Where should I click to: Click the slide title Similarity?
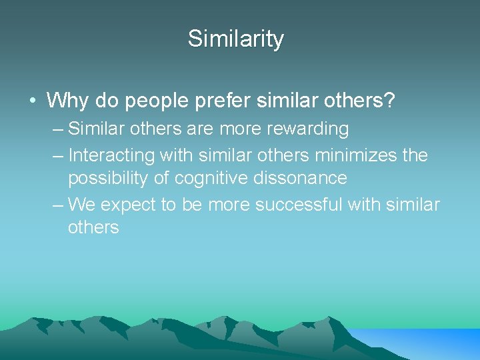235,39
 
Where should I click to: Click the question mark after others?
389,101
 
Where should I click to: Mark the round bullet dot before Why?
33,101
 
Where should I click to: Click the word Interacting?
110,155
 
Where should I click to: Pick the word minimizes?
357,155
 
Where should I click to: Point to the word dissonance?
306,178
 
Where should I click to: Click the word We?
82,204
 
